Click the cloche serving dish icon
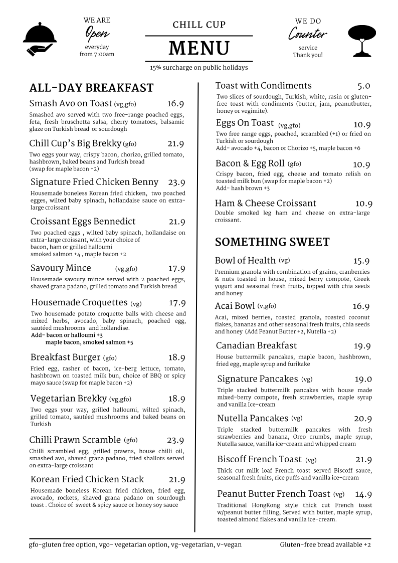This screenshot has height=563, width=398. click(40, 38)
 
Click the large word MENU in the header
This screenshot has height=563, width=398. click(199, 49)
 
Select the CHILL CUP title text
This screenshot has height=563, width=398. click(199, 25)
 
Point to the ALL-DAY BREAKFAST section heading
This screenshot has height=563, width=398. click(91, 88)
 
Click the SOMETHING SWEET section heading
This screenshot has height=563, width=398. click(272, 242)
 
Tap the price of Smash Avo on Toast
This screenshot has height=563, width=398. click(175, 104)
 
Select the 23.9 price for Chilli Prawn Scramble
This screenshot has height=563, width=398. click(175, 441)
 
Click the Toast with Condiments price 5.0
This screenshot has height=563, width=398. click(364, 86)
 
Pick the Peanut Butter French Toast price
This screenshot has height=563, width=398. click(363, 494)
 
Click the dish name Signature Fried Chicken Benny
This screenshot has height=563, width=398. click(94, 182)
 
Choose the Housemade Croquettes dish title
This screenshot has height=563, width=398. click(79, 302)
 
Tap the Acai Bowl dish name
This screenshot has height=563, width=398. click(235, 306)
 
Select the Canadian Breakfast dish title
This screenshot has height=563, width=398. click(256, 345)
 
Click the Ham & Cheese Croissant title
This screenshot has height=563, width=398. click(266, 203)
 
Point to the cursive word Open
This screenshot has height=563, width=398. click(97, 34)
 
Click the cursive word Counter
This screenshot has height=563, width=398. click(307, 35)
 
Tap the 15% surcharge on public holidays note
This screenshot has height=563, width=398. click(199, 67)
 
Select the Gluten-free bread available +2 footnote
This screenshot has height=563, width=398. click(325, 545)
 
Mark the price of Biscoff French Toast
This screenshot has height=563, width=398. click(363, 460)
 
